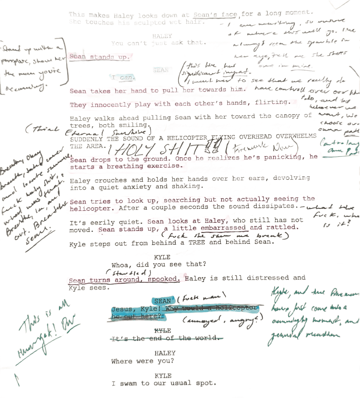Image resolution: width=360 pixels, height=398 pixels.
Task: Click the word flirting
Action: (272, 103)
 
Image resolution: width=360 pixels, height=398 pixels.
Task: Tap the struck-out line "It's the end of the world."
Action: (165, 338)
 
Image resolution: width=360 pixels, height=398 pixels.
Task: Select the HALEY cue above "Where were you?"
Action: (164, 353)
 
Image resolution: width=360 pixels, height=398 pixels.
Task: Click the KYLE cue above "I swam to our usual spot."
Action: (163, 375)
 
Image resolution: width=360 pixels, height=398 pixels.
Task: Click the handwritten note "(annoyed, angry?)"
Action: (221, 320)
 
